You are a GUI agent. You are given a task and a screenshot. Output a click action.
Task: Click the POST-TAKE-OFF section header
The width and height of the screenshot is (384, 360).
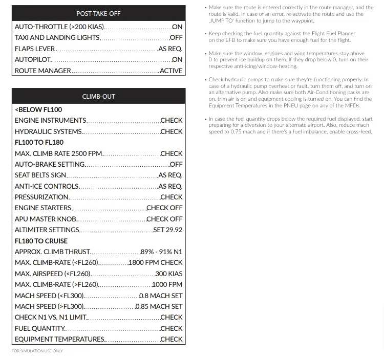click(x=98, y=13)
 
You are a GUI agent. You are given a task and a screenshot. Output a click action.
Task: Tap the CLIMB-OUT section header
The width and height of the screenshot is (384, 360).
click(x=98, y=96)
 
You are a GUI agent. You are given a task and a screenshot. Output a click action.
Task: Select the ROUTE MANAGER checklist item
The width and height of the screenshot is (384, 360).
click(x=43, y=71)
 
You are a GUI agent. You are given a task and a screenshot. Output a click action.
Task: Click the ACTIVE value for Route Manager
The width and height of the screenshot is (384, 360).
click(x=170, y=71)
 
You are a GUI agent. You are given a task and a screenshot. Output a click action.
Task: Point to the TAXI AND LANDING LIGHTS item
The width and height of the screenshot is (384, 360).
click(x=57, y=37)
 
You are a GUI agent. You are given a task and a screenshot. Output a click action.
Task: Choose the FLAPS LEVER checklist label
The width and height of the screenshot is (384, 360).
click(x=35, y=49)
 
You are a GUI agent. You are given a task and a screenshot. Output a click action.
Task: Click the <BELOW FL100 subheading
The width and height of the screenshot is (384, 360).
click(x=38, y=109)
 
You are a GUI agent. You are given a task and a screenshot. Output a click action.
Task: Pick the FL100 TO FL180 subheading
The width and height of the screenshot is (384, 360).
click(x=39, y=142)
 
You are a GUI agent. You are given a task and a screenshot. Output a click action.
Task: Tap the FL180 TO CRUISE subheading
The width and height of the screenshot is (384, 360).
click(x=41, y=240)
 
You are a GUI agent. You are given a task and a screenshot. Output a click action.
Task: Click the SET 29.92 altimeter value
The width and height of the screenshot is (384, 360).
click(x=167, y=230)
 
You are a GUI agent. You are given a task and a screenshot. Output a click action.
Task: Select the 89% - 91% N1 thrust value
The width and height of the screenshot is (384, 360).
click(x=161, y=252)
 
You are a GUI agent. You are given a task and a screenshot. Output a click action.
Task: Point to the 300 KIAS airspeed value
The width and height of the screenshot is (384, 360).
click(x=168, y=274)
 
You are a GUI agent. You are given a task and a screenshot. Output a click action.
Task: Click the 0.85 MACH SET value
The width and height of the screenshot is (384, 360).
click(x=159, y=306)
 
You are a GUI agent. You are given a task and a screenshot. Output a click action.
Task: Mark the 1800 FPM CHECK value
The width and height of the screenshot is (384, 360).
click(x=155, y=262)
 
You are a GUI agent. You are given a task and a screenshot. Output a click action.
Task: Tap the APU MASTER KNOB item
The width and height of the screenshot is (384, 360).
click(x=46, y=219)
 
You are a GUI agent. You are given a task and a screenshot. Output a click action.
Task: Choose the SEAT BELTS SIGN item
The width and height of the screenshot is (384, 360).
click(x=40, y=175)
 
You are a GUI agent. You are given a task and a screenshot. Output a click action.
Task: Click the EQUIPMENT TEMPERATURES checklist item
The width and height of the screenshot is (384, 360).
click(x=59, y=339)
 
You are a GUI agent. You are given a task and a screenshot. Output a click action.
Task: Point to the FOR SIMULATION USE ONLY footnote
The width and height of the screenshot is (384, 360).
click(x=37, y=351)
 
